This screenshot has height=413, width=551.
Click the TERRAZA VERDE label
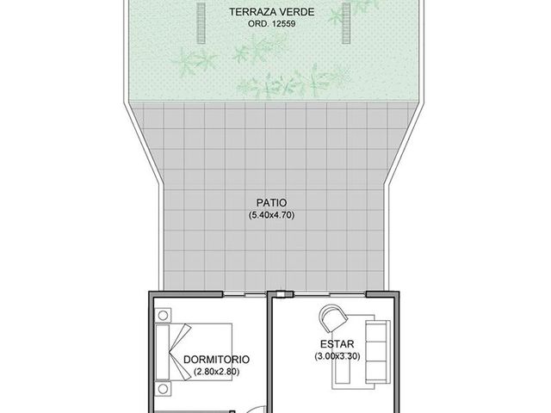pyautogui.click(x=272, y=12)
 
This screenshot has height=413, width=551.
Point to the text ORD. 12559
pyautogui.click(x=272, y=24)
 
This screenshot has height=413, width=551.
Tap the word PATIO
pyautogui.click(x=271, y=203)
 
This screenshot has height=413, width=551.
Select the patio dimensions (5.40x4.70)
pyautogui.click(x=271, y=215)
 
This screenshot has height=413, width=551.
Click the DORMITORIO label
pyautogui.click(x=216, y=360)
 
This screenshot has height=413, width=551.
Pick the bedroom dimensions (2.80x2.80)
pyautogui.click(x=216, y=371)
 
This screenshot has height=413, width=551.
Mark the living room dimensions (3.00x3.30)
pyautogui.click(x=337, y=356)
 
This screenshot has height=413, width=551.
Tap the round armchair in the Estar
pyautogui.click(x=333, y=318)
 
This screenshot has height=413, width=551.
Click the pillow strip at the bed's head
pyautogui.click(x=163, y=352)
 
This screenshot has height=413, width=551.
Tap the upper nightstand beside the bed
pyautogui.click(x=163, y=316)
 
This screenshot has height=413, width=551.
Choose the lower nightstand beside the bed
pyautogui.click(x=163, y=388)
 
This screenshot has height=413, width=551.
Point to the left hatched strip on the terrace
pyautogui.click(x=201, y=23)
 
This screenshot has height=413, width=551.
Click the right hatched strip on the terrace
pyautogui.click(x=346, y=23)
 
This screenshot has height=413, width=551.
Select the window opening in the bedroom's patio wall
pyautogui.click(x=245, y=294)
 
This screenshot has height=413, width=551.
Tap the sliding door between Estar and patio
pyautogui.click(x=330, y=294)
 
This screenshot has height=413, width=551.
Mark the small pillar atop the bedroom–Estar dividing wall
pyautogui.click(x=281, y=294)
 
